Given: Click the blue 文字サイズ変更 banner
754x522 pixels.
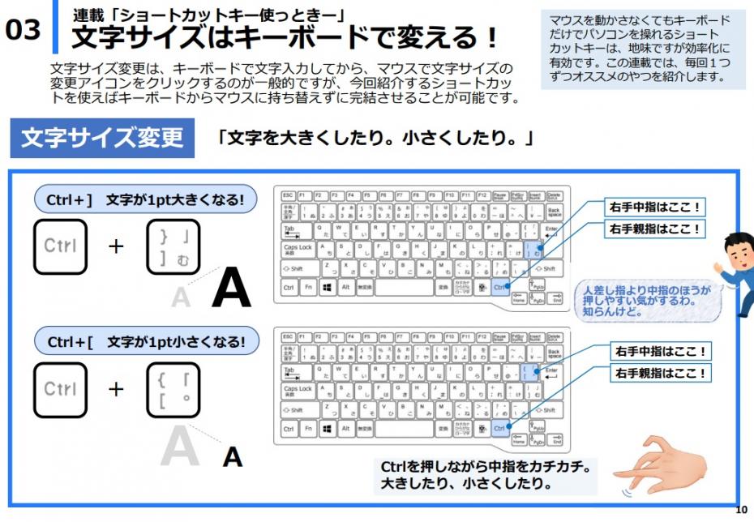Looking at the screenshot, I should tap(102, 138).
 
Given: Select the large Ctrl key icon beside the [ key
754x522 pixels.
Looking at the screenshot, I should tap(60, 390).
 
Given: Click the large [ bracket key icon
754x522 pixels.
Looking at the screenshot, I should tap(173, 390).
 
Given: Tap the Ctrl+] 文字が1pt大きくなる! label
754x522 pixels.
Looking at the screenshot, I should tap(146, 199).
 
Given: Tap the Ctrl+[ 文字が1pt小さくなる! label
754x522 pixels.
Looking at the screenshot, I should tap(146, 341).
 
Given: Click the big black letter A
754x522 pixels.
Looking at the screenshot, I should tap(231, 291).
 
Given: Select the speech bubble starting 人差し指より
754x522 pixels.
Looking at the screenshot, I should tap(644, 300).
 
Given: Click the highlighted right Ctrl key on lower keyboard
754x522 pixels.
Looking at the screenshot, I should tap(499, 428).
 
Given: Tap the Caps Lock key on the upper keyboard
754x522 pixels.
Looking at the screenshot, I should tap(298, 248).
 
